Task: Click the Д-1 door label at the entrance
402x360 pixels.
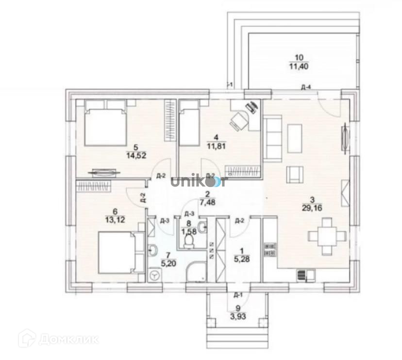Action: (x=238, y=295)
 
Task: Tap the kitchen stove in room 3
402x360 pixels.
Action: (x=269, y=250)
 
